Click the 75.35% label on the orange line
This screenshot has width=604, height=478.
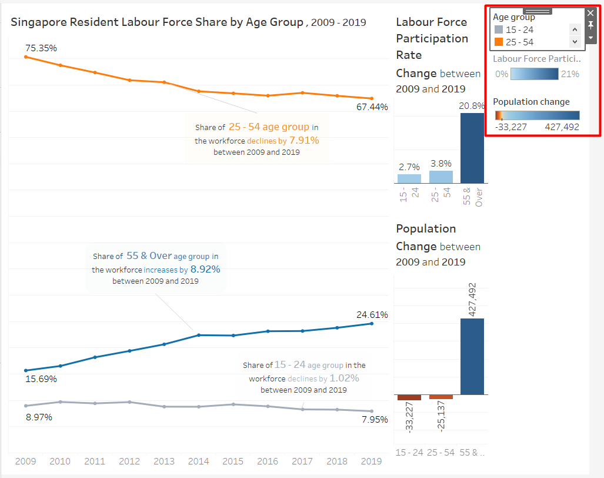(41, 48)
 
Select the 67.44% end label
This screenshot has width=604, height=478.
(372, 107)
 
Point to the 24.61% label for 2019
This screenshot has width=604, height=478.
(372, 315)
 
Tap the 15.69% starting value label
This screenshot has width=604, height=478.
(41, 379)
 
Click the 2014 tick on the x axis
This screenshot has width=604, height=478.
(198, 462)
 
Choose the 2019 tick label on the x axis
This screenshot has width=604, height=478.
(371, 462)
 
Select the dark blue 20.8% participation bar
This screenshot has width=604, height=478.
(472, 148)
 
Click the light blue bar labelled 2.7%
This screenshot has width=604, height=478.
(409, 178)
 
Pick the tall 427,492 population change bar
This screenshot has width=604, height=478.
(472, 356)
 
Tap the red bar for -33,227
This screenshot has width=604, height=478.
(409, 397)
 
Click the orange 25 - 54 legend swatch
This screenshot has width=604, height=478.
(499, 42)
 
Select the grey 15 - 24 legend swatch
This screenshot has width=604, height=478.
(499, 29)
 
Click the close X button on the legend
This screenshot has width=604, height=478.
(591, 12)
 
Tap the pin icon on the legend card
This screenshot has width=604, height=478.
(591, 25)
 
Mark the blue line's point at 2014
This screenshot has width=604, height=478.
(198, 335)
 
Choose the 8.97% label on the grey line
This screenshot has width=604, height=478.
(39, 417)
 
